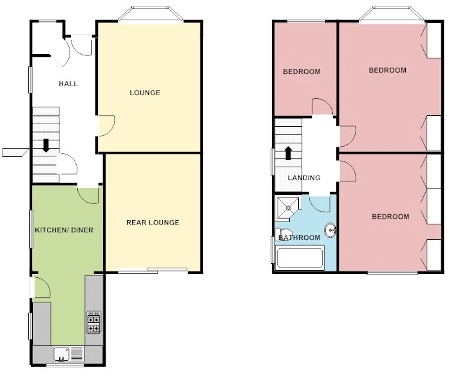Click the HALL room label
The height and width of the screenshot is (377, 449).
tap(68, 84)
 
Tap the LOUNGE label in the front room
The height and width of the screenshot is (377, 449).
tap(145, 93)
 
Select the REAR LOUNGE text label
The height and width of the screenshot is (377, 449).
tap(153, 223)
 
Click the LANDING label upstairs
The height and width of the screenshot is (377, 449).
tap(304, 178)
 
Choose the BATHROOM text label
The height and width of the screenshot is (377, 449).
tap(299, 238)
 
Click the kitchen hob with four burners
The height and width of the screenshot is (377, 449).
tap(93, 322)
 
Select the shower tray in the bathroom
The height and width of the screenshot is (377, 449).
tap(287, 207)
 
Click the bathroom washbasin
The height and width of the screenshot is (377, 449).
tap(330, 230)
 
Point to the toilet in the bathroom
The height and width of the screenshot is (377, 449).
tap(284, 234)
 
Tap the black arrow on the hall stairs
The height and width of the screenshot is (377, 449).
tap(46, 146)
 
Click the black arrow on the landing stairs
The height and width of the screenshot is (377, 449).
tap(288, 153)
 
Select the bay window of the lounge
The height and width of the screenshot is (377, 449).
tap(149, 14)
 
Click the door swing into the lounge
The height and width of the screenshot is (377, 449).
tap(106, 125)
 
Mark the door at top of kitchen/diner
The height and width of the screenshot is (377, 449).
tap(88, 194)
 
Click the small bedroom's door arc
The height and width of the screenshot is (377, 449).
tap(321, 107)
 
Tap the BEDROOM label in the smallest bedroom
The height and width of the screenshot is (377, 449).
tap(301, 71)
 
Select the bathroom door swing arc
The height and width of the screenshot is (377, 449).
tap(320, 203)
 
